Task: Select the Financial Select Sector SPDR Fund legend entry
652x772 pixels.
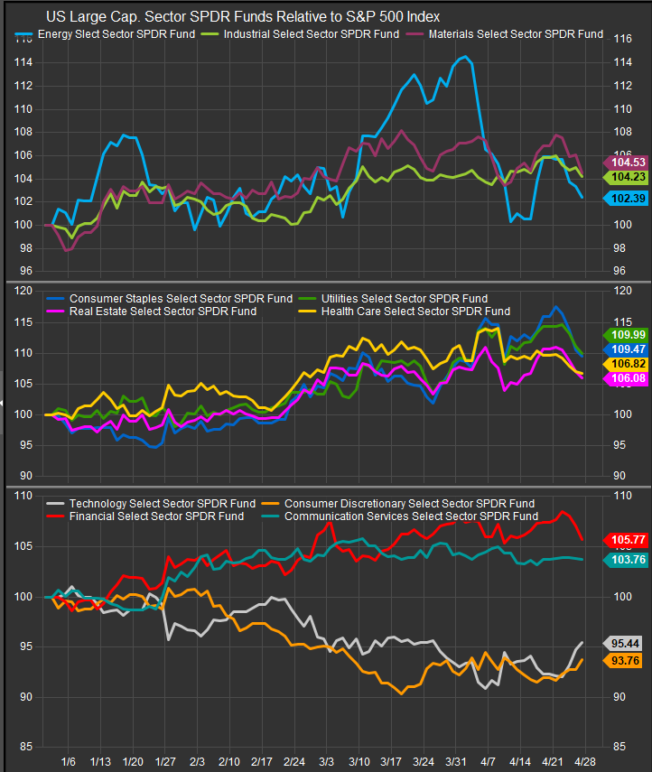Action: (x=144, y=516)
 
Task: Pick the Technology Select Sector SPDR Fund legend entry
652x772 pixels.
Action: (x=149, y=503)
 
